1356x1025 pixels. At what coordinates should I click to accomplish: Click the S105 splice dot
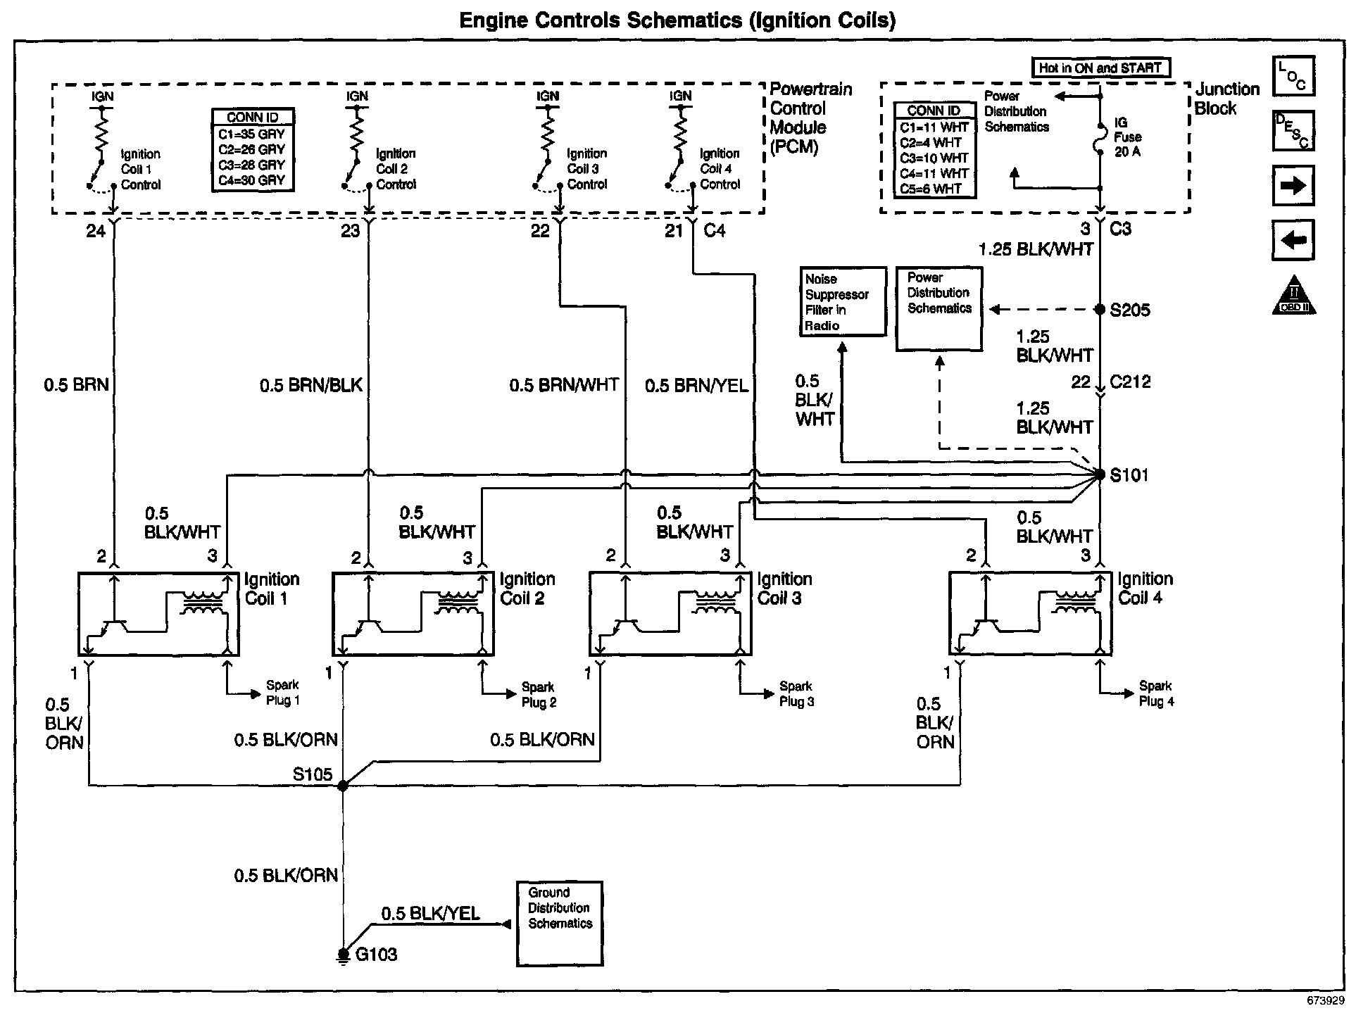343,786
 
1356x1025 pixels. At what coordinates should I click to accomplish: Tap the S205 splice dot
1100,310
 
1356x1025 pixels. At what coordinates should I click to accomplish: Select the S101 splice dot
1100,475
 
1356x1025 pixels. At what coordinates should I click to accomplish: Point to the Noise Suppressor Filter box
843,302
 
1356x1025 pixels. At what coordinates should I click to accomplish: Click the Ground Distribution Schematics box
560,924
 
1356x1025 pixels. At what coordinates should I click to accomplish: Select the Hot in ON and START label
1100,68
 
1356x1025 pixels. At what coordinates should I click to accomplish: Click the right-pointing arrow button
1293,186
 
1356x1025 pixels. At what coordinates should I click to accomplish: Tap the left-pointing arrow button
1293,240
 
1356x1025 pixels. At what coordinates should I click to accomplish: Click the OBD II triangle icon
1294,296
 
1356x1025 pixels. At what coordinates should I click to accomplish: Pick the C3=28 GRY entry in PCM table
252,165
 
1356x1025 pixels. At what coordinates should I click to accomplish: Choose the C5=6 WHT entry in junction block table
934,189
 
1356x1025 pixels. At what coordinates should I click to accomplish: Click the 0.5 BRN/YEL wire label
697,385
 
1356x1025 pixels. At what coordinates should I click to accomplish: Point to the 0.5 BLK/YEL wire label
430,914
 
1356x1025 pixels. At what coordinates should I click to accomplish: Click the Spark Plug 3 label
796,694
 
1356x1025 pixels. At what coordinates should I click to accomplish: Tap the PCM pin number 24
96,231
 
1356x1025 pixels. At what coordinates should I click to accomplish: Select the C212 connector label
1130,382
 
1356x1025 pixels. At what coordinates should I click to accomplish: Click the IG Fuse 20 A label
1127,137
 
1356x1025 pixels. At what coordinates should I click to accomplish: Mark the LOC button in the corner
1293,76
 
